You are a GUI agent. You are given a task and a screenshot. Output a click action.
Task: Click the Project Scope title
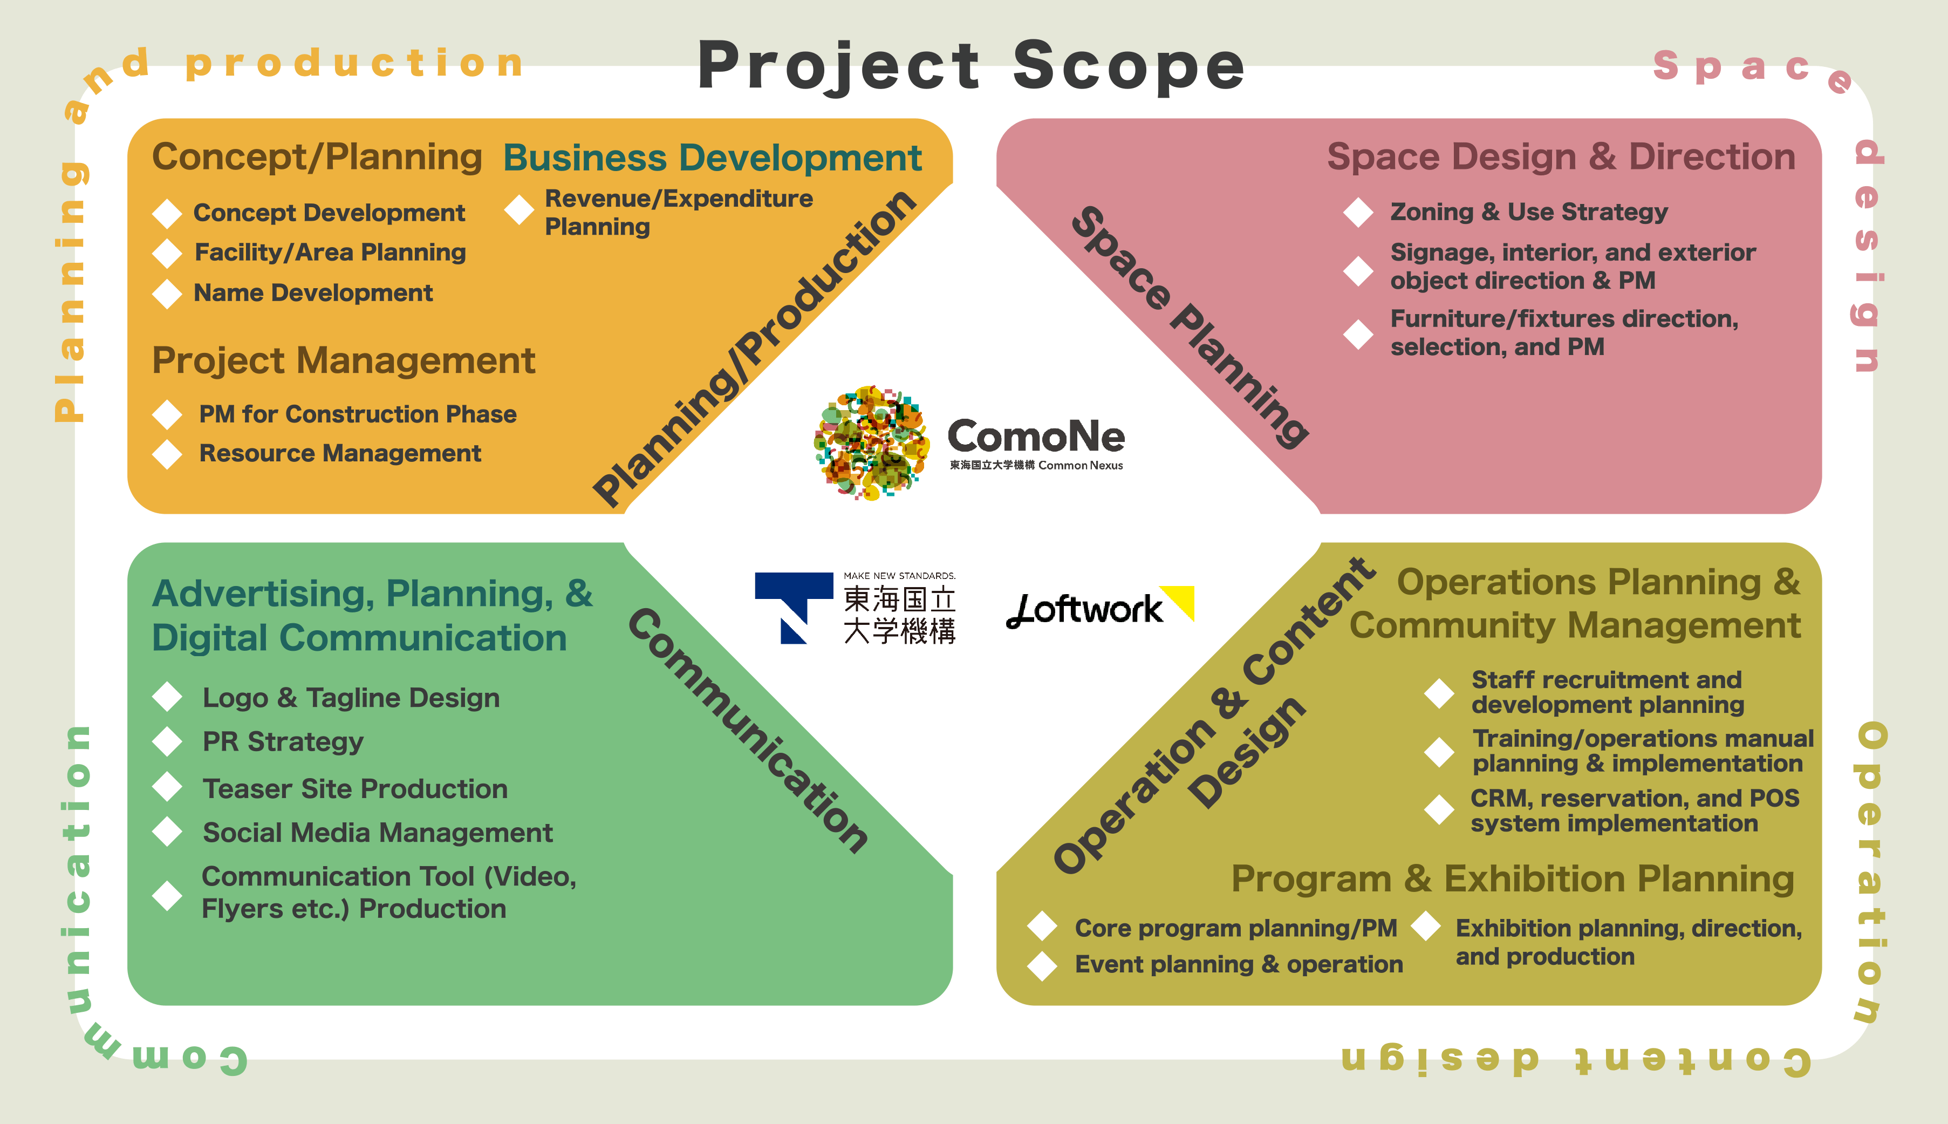(971, 66)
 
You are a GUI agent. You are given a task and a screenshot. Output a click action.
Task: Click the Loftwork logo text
(1084, 610)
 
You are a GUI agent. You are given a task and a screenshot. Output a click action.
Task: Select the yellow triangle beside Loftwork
(1181, 600)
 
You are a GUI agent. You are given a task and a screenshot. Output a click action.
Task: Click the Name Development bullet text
(312, 294)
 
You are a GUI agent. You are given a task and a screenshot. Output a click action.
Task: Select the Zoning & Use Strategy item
(1528, 212)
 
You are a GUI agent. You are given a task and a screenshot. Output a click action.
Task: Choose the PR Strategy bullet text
(283, 742)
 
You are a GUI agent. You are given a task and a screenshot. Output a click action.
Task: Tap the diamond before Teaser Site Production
(167, 787)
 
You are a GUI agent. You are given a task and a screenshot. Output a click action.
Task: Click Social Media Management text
(378, 833)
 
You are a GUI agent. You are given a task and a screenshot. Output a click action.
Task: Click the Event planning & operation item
(1238, 964)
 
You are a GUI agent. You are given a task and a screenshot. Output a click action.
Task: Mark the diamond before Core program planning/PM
(1042, 927)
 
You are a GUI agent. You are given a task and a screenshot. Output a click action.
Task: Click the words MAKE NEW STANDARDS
(899, 576)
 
